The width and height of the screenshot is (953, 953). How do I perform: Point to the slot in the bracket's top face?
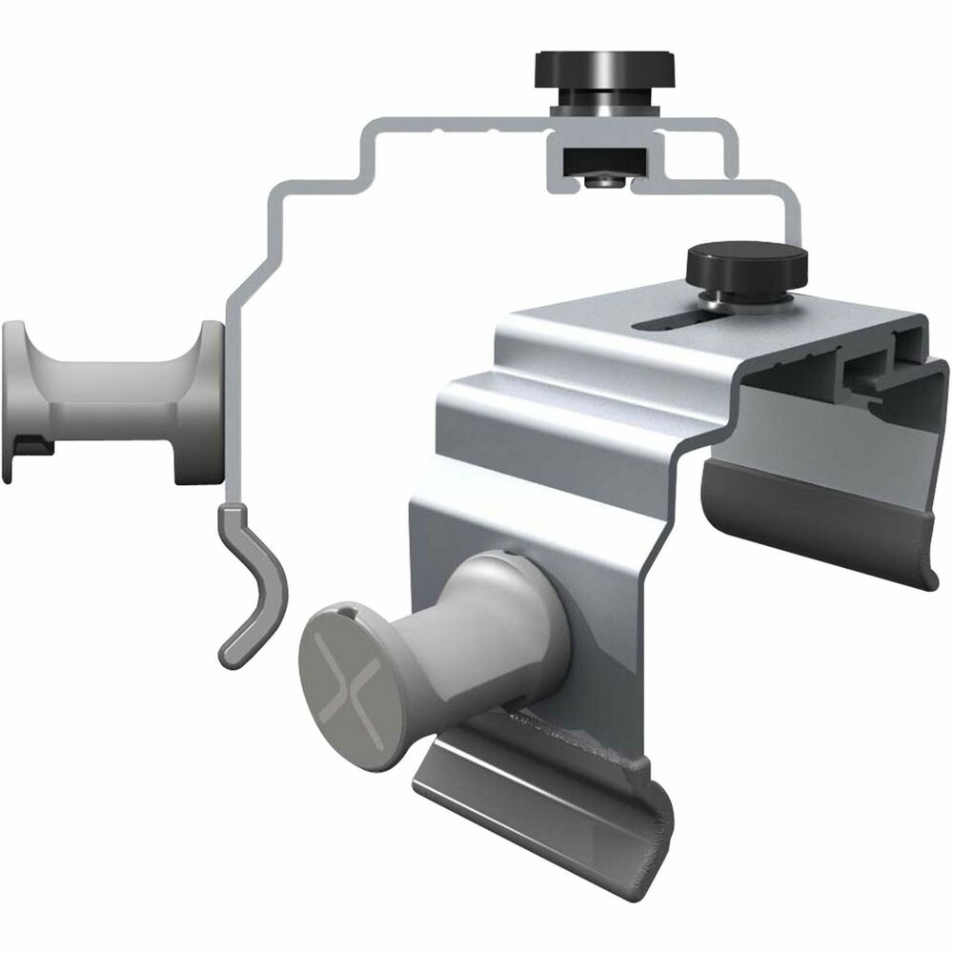667,319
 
